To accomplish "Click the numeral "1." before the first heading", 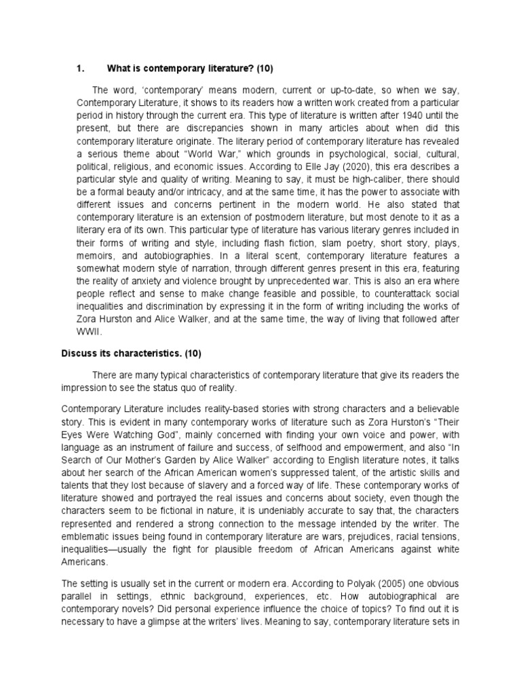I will pyautogui.click(x=79, y=68).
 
